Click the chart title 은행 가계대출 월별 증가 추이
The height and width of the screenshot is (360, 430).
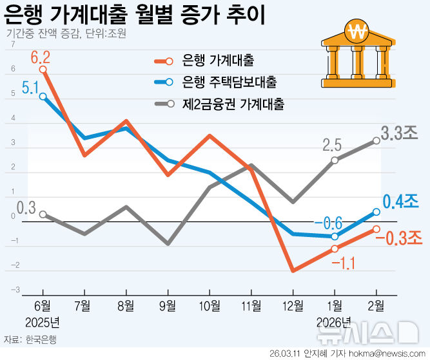[135, 14]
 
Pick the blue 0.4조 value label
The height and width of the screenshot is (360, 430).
[401, 202]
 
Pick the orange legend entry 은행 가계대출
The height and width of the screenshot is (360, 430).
[217, 61]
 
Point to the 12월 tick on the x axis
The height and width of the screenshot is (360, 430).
[292, 305]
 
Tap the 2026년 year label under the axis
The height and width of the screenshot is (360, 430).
[334, 321]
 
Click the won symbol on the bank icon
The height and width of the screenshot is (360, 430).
[356, 30]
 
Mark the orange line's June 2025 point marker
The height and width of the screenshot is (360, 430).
[43, 69]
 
